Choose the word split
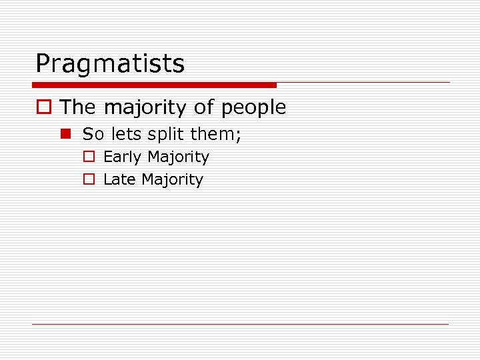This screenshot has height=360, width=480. click(x=166, y=135)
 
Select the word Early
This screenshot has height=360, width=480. click(x=123, y=158)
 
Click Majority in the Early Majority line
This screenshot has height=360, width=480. click(x=178, y=158)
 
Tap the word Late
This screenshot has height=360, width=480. click(x=120, y=179)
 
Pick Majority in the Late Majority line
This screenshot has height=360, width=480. click(x=172, y=180)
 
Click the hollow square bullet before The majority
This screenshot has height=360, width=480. click(x=45, y=107)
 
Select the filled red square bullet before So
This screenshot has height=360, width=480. click(x=66, y=135)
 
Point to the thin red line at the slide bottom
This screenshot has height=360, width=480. click(x=240, y=325)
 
